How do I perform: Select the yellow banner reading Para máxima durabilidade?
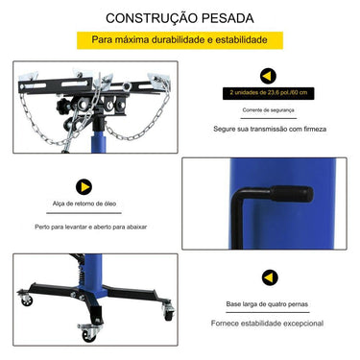point(180,40)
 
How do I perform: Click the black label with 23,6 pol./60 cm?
point(269,93)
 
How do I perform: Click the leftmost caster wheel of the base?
point(27,300)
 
